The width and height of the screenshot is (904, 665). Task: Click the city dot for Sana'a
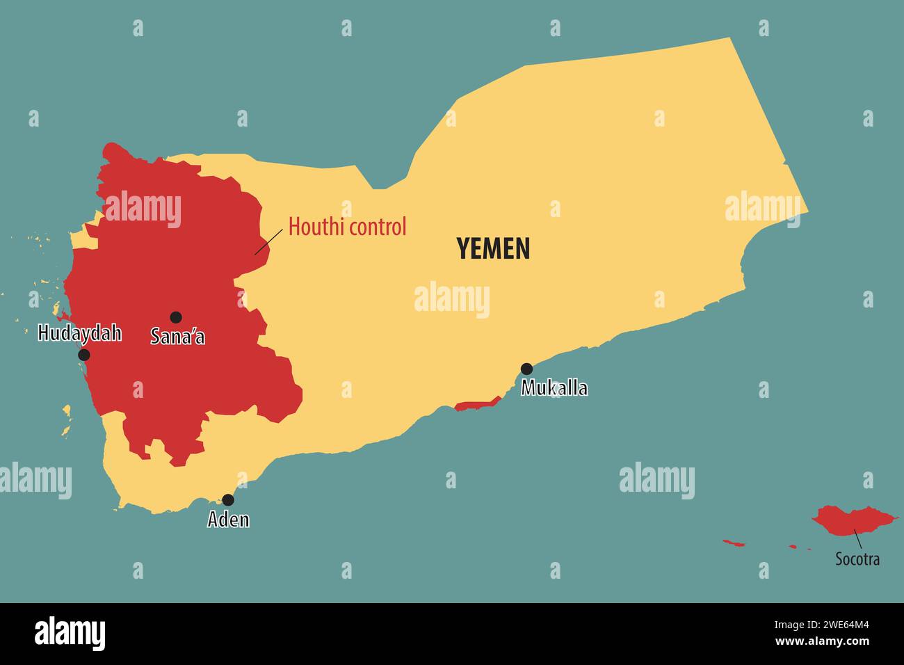pos(176,317)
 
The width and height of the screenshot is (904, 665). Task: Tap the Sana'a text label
pos(178,337)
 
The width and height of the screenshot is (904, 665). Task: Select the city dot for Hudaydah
pos(84,355)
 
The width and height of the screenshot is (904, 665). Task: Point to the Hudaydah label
pos(79,333)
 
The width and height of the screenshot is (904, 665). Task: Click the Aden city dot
pos(228,499)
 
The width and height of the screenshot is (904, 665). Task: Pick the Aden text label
pos(228,519)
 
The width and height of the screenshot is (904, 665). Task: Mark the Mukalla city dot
pos(527,369)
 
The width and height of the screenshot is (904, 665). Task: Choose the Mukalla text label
pos(554,388)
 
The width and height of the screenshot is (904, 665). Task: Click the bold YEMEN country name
pos(493,248)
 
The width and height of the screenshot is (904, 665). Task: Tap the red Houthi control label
pos(347,227)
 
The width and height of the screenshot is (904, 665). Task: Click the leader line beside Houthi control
pos(268,241)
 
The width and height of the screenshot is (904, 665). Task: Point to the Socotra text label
pos(857,559)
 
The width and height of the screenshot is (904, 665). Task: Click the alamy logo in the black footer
pos(70,634)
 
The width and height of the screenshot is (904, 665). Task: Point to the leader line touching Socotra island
pos(858,539)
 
